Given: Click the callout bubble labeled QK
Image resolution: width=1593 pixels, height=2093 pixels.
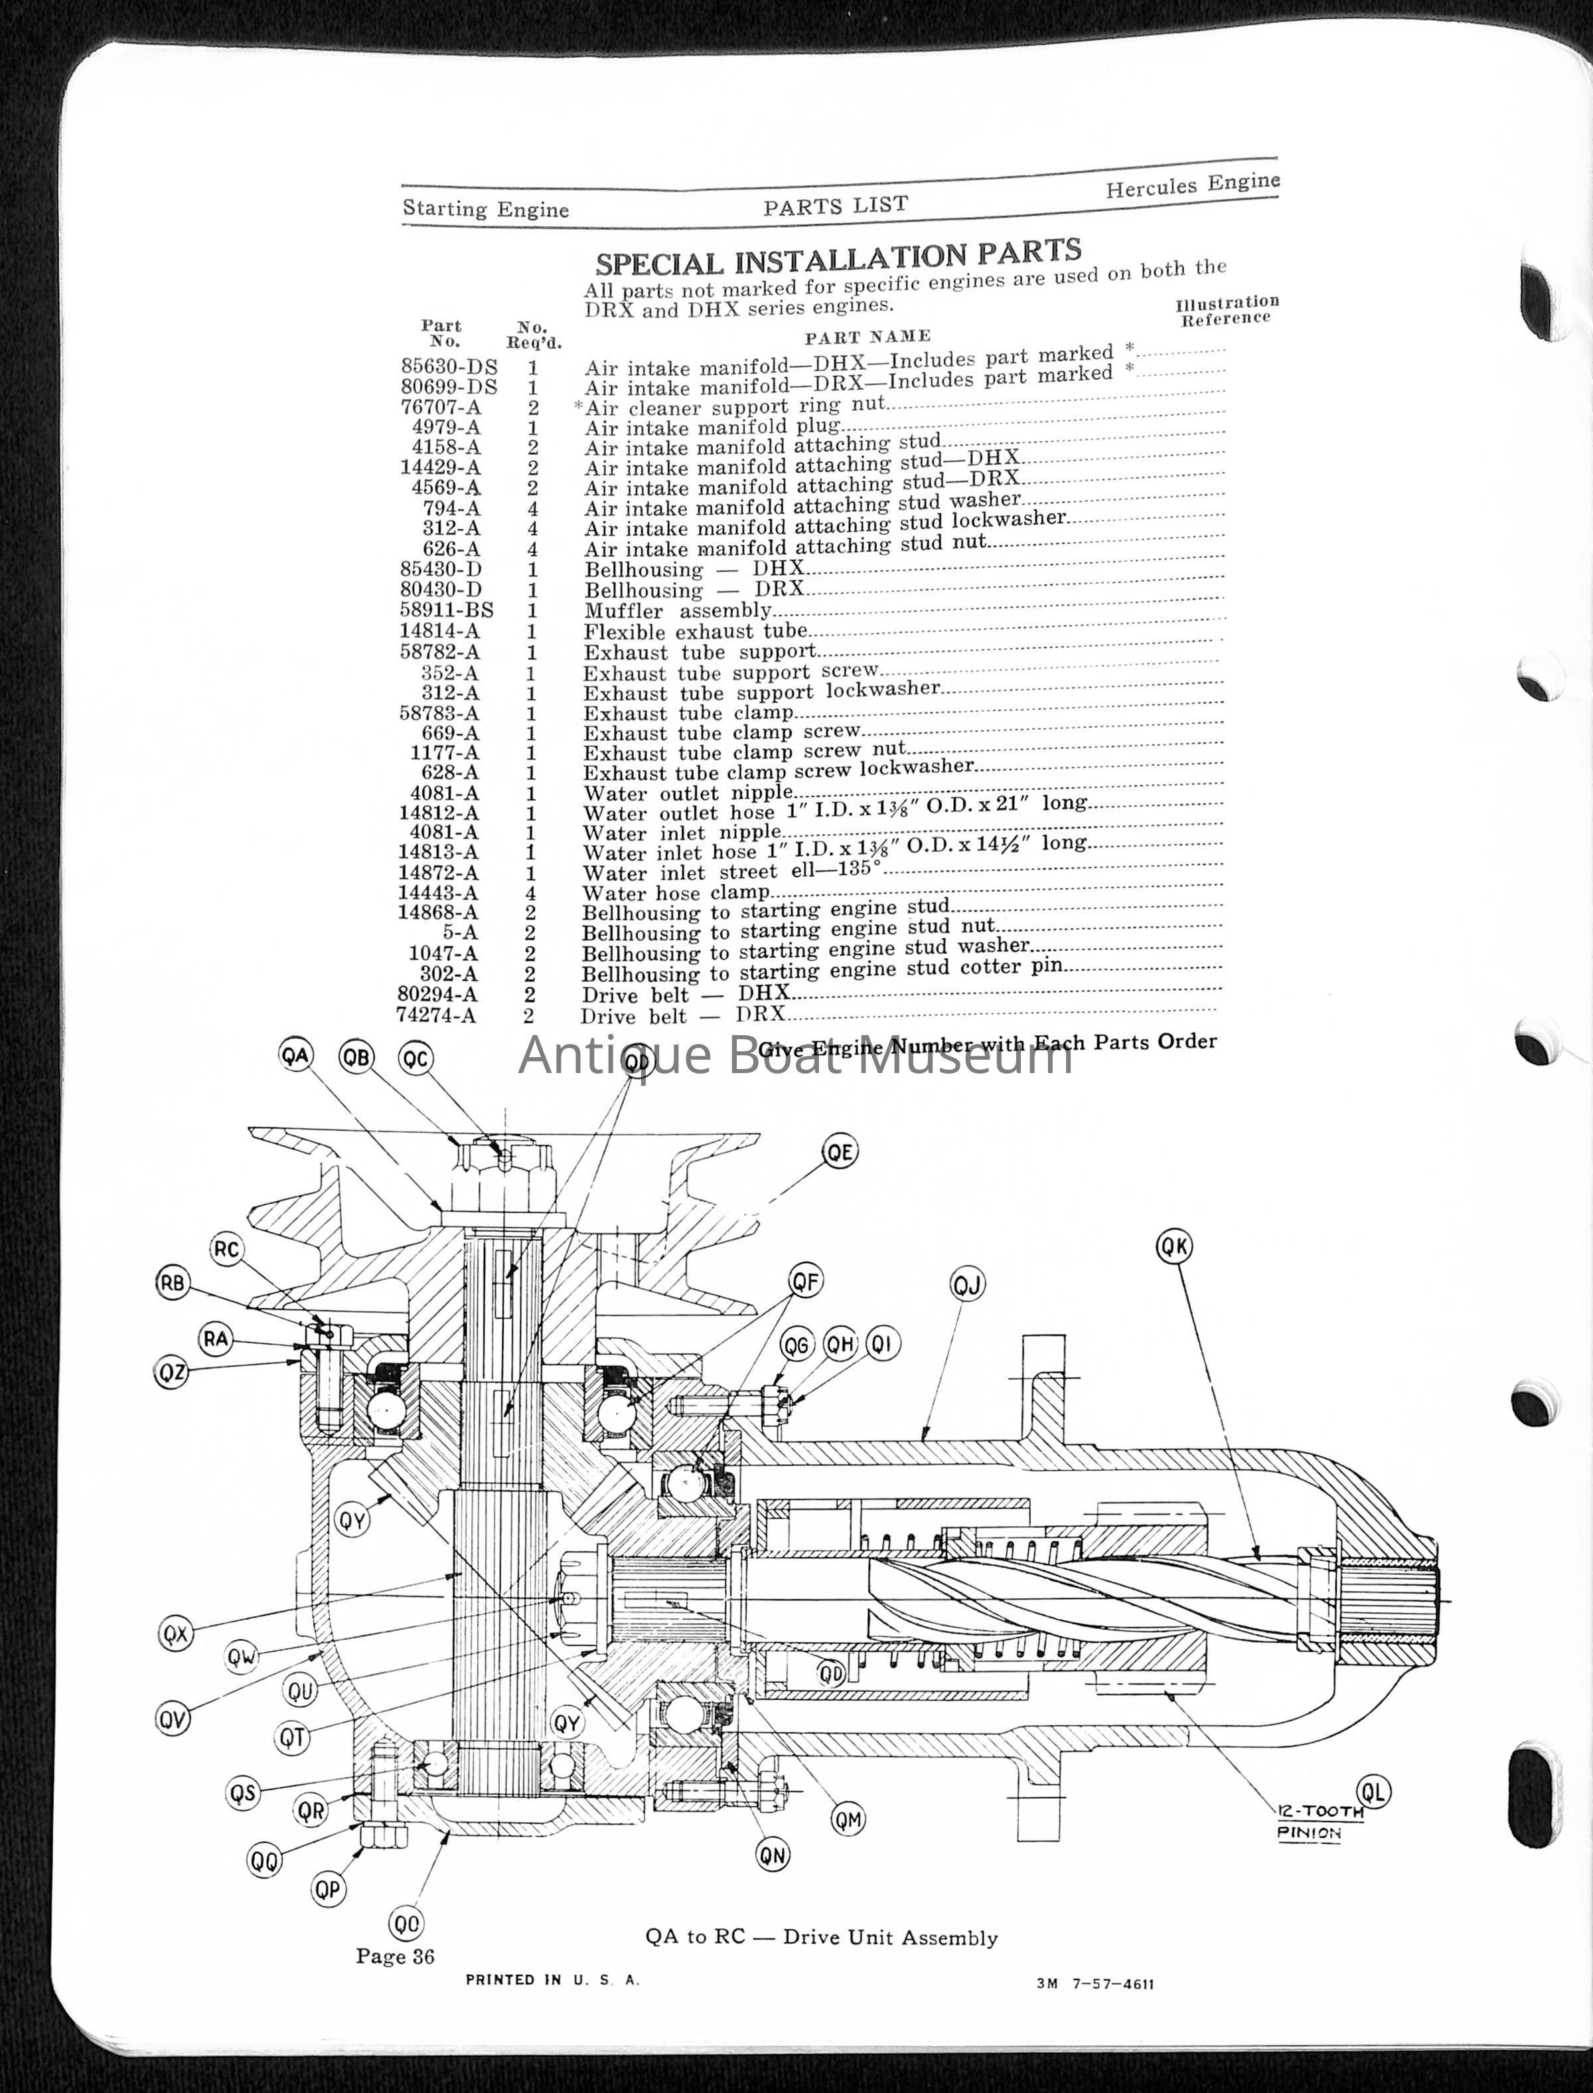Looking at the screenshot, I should click(x=1174, y=1247).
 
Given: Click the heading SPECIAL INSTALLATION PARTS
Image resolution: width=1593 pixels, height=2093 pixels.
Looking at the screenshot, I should click(x=838, y=256).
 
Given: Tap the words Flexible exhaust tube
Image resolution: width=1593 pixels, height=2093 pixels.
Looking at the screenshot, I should click(x=695, y=631).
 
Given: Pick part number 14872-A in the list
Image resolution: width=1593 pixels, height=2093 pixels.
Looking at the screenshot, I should click(x=439, y=873).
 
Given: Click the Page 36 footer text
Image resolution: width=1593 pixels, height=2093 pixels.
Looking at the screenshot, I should click(x=396, y=1956).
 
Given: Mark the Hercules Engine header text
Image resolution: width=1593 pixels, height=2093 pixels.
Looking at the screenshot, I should click(x=1192, y=184).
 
